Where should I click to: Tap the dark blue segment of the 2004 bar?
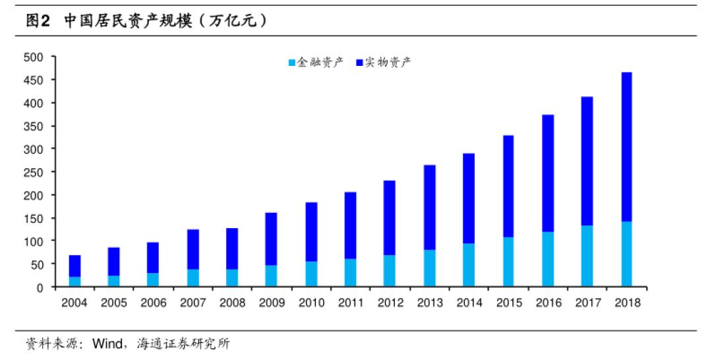coord(75,266)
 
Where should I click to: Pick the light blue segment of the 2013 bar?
coord(430,268)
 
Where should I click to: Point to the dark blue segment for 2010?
coord(311,231)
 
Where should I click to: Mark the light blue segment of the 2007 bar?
coord(193,278)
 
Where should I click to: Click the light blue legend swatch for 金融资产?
coord(292,63)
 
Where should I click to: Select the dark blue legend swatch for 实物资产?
coord(359,63)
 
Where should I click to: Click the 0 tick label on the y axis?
coord(40,287)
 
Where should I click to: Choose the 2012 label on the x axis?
coord(390,303)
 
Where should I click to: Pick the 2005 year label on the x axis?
coord(114,303)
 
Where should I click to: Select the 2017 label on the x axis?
coord(587,303)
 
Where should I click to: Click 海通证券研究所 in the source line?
coord(184,344)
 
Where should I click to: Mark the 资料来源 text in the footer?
coord(48,344)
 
